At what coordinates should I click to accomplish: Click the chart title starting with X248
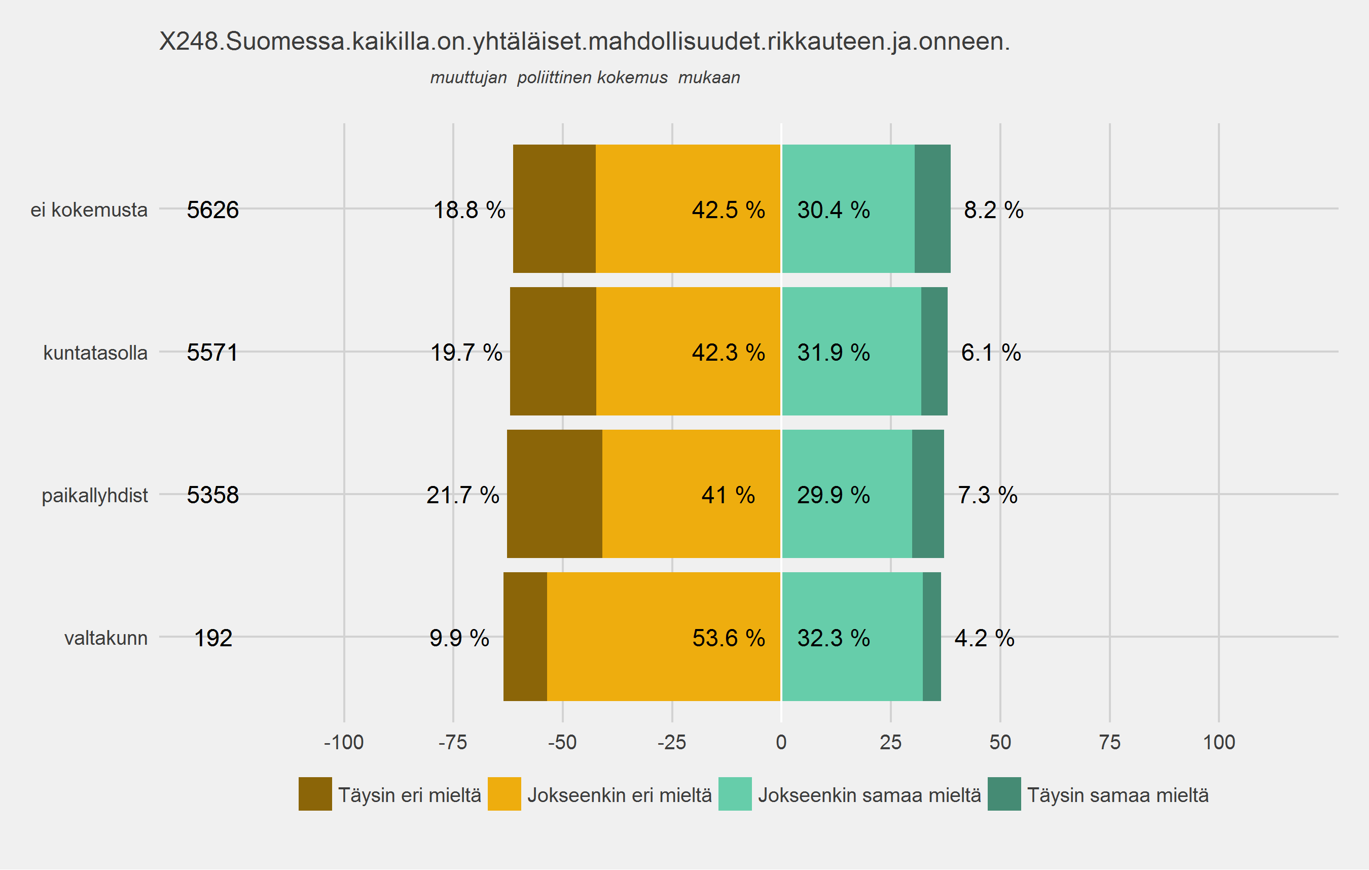tap(584, 42)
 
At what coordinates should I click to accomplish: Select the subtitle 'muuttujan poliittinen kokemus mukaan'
tap(585, 77)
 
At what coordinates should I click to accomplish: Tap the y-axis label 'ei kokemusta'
tap(89, 210)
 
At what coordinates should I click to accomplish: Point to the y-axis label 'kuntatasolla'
tap(95, 353)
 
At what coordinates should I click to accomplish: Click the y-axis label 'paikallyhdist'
tap(94, 495)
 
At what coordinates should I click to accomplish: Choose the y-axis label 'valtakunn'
tap(106, 638)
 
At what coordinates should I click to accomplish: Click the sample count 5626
tap(212, 210)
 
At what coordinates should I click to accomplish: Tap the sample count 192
tap(213, 638)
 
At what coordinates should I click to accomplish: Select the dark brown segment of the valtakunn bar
tap(525, 636)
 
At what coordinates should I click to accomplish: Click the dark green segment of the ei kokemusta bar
tap(932, 208)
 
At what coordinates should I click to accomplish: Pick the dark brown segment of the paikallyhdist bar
tap(554, 494)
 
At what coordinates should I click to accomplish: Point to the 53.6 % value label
tap(728, 638)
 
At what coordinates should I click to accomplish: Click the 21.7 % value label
tap(463, 495)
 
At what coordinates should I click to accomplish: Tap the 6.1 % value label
tap(990, 353)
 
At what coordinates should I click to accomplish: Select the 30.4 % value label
tap(833, 210)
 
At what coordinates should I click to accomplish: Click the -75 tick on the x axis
tap(453, 742)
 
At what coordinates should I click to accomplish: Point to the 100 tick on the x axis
tap(1219, 742)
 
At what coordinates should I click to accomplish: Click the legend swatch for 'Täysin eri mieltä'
tap(315, 794)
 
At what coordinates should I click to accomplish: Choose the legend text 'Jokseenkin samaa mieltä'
tap(869, 795)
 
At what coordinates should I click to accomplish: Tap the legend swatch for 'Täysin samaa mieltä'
tap(1004, 794)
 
